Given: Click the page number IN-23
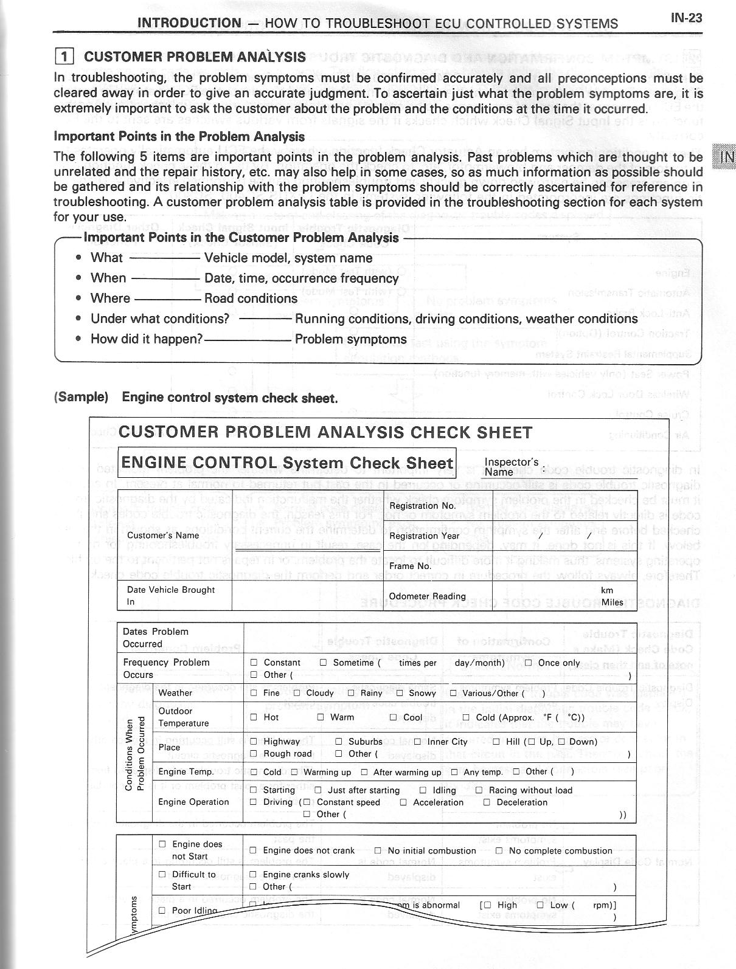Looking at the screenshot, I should click(x=686, y=18).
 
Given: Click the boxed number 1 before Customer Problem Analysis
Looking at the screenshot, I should click(x=64, y=57).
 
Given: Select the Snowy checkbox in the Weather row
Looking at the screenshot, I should click(x=400, y=693).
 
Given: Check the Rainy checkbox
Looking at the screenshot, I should click(x=351, y=693).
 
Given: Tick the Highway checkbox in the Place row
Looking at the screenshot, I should click(x=254, y=742).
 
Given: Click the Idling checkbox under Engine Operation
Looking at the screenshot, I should click(x=423, y=790).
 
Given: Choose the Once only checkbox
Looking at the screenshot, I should click(x=529, y=663).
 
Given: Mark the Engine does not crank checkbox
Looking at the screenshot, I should click(x=254, y=850).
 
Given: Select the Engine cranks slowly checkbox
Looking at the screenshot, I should click(x=254, y=875).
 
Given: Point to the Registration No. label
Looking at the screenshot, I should click(x=422, y=506).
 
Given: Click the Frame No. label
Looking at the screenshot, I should click(x=410, y=566).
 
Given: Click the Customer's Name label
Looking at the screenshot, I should click(x=163, y=536).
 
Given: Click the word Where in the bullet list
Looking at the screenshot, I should click(x=110, y=298).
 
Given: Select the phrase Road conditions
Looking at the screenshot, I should click(x=251, y=298).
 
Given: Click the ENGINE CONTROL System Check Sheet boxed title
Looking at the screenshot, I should click(x=287, y=463).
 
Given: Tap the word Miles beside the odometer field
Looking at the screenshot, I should click(x=612, y=602).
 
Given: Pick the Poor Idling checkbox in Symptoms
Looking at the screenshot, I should click(x=162, y=910).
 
